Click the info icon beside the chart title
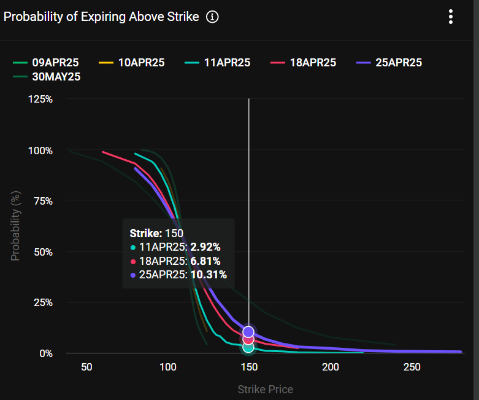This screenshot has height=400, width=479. tap(212, 17)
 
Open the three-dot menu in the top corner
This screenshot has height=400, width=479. tap(451, 17)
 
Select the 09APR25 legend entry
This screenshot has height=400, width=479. tap(47, 62)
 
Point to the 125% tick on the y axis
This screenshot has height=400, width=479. tap(40, 99)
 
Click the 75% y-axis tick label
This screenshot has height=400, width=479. tap(43, 201)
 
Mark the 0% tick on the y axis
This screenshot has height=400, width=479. tap(46, 353)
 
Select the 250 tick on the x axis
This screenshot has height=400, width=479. tap(412, 367)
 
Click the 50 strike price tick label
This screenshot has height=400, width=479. tap(86, 367)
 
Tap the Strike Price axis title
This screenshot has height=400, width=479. tap(265, 389)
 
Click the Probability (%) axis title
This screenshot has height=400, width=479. tap(15, 225)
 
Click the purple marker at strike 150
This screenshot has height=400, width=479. tap(248, 332)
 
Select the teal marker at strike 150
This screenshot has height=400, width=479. tap(248, 347)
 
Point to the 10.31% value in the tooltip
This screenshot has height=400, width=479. tap(209, 275)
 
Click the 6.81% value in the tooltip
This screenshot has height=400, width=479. tap(205, 261)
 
